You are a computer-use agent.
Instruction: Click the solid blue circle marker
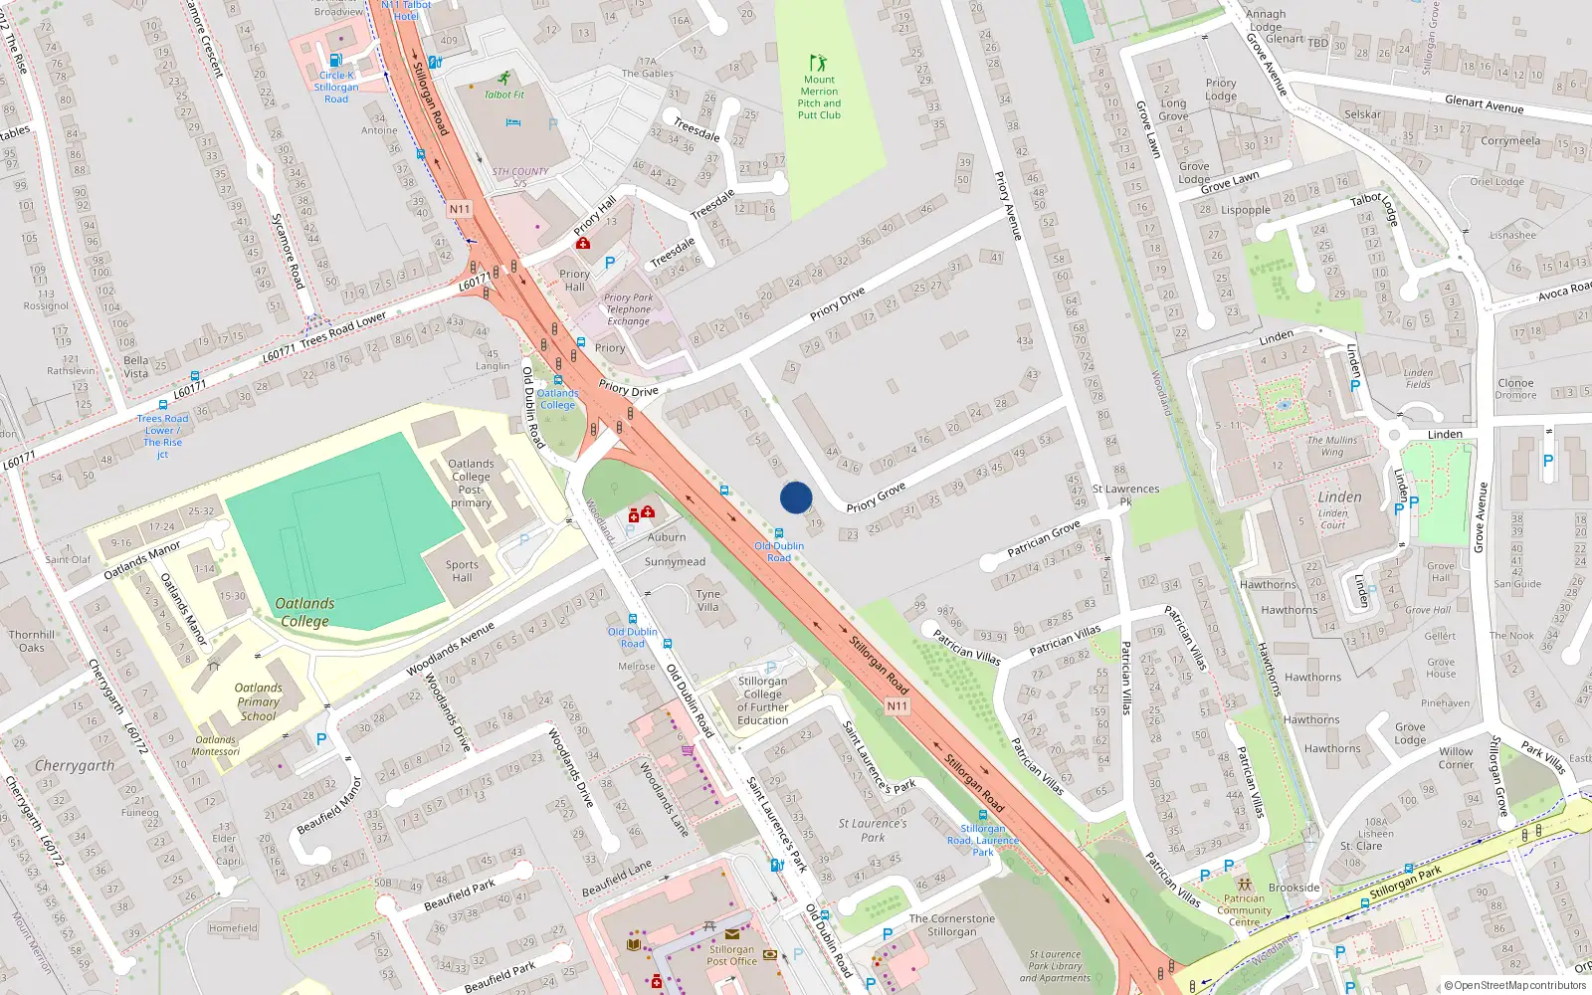796,497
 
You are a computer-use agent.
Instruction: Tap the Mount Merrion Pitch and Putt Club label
819,98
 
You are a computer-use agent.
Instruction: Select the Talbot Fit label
503,95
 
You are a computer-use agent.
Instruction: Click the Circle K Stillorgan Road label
336,87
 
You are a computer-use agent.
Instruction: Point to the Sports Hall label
462,571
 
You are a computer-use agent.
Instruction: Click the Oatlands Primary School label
259,701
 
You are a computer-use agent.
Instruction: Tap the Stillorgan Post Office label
731,955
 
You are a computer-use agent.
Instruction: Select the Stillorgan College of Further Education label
763,700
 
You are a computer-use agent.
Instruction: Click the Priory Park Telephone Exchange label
629,309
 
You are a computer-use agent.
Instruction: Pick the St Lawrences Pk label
1125,495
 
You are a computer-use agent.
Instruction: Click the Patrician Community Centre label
1244,910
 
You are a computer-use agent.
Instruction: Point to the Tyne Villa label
708,600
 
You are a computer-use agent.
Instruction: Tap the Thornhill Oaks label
32,641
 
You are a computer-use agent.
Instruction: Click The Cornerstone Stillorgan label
951,925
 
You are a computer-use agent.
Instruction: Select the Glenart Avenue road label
1484,103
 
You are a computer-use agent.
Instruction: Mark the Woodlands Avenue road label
450,649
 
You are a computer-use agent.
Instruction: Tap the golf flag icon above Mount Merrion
818,63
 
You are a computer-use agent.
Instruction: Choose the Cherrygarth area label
75,766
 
